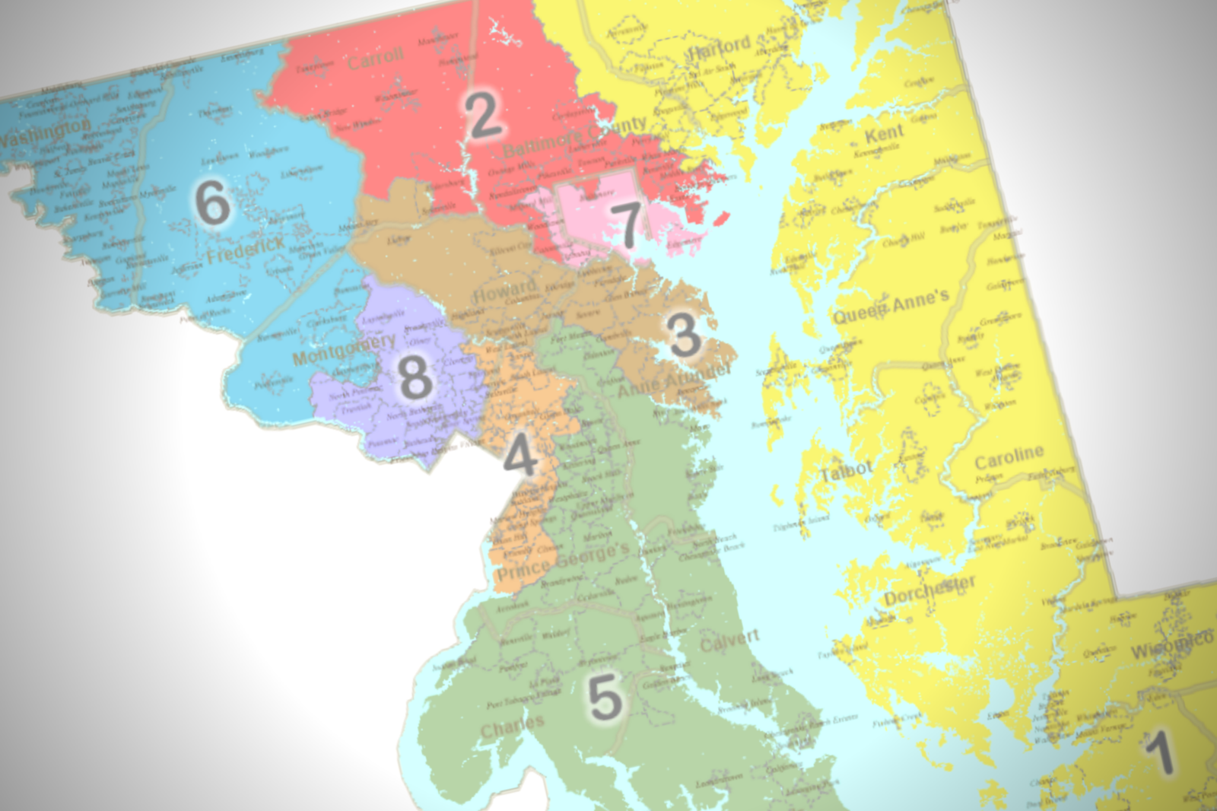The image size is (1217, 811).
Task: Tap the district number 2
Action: tap(484, 115)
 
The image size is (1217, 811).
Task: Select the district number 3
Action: tap(683, 334)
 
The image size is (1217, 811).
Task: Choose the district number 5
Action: tap(605, 696)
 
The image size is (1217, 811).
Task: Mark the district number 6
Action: tap(212, 202)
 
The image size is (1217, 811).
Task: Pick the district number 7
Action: tap(628, 225)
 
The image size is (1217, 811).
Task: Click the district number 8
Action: tap(415, 377)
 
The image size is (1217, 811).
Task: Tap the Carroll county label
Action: tap(375, 59)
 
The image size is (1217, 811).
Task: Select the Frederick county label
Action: tap(245, 249)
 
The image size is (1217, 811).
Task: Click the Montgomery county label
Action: tap(344, 348)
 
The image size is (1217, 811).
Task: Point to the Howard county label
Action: tap(504, 290)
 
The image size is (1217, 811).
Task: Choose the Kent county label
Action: tap(884, 135)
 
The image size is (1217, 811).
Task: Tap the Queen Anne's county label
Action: tap(891, 306)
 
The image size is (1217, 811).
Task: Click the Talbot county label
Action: tap(846, 472)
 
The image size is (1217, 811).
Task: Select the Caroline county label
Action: tap(1009, 457)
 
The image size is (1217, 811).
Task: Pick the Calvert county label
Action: tap(729, 641)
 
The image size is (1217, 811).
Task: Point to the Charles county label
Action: tap(512, 727)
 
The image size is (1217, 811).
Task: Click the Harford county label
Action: tap(719, 49)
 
